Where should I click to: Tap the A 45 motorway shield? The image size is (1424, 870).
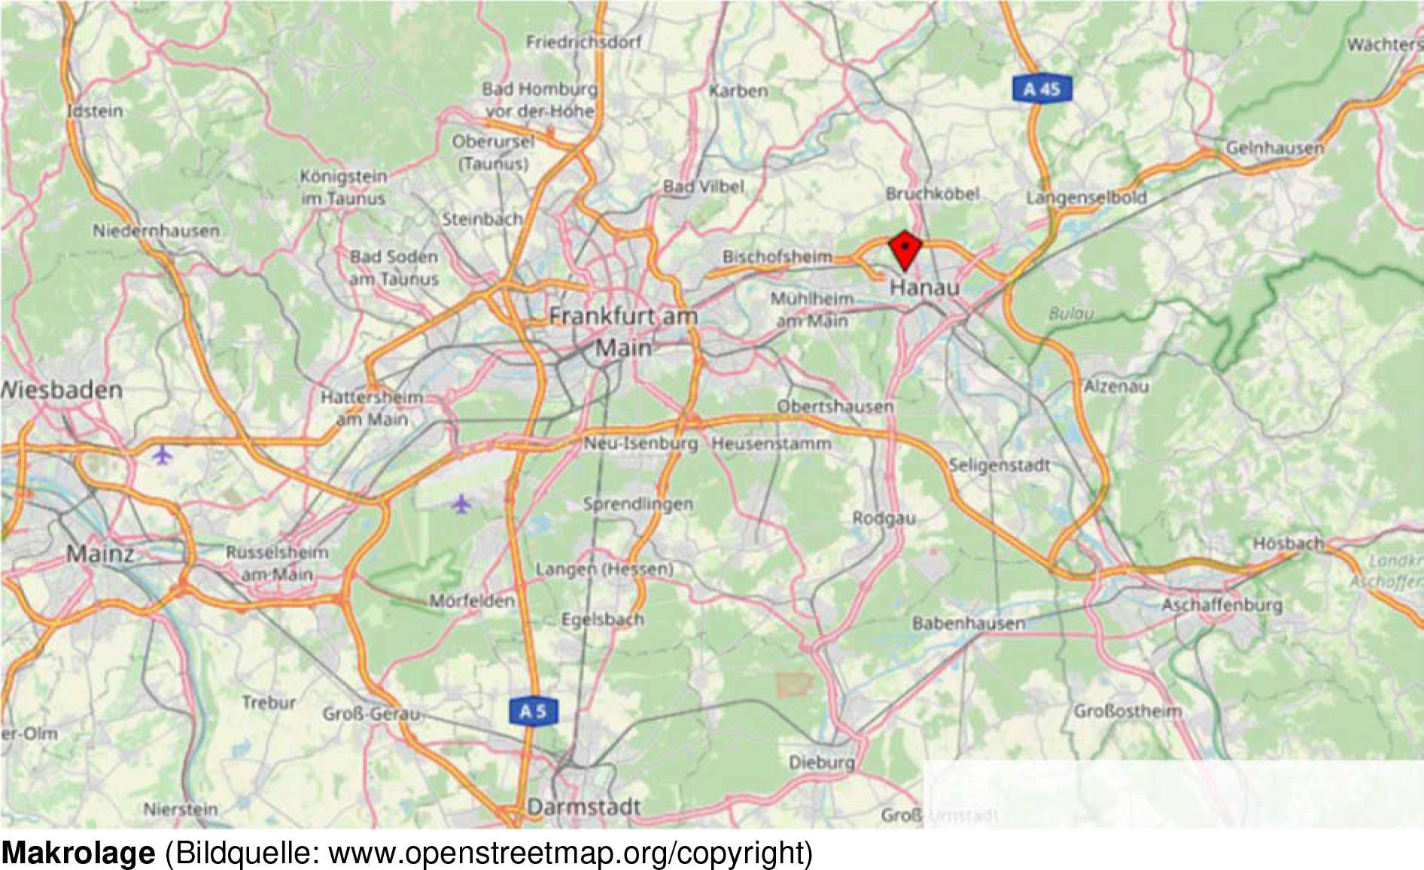tap(1042, 90)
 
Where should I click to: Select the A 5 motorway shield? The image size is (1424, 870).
tap(533, 711)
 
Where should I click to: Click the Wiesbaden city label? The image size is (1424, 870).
tap(62, 390)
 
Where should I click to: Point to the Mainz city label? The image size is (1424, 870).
tap(99, 554)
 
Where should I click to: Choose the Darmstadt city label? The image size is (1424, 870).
tap(584, 808)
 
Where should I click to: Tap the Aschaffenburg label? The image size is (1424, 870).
tap(1221, 605)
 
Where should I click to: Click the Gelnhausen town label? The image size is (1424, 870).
tap(1274, 148)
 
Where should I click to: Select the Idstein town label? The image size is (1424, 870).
tap(95, 111)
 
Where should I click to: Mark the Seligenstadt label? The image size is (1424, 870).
tap(999, 465)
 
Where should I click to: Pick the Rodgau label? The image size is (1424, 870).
tap(884, 518)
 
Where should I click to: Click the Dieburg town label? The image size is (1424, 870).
tap(821, 762)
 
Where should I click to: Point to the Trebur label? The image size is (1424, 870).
tap(269, 702)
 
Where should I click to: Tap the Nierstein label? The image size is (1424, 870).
tap(181, 810)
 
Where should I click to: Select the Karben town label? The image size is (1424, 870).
tap(738, 91)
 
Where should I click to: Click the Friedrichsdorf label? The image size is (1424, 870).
tap(583, 42)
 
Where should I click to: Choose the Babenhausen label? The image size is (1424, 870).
tap(969, 623)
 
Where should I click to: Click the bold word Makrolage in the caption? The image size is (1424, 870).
tap(78, 853)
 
